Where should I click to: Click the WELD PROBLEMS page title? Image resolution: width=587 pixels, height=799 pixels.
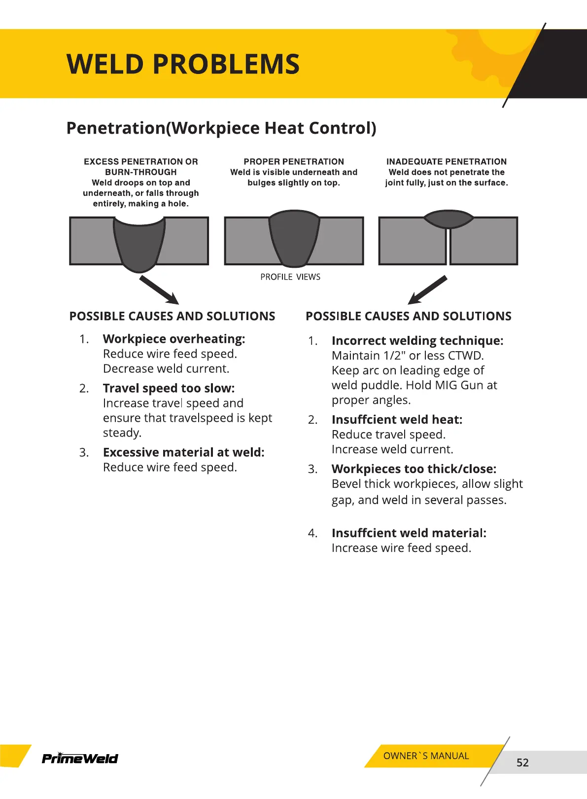coord(183,64)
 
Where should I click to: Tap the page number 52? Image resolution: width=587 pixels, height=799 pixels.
coord(522,763)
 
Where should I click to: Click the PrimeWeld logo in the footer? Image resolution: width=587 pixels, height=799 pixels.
coord(80,758)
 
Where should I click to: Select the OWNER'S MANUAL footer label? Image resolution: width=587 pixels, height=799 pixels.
coord(426,756)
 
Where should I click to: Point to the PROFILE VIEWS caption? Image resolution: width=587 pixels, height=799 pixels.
coord(290,277)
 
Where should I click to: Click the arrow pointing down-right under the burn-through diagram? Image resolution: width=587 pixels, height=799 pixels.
coord(159,290)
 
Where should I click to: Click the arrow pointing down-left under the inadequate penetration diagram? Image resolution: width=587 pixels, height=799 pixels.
coord(427,290)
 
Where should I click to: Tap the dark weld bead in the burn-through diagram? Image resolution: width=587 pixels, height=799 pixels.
coord(139,244)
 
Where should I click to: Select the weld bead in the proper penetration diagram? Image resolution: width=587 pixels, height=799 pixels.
coord(294,238)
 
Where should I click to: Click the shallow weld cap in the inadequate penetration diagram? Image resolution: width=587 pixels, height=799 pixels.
coord(449,218)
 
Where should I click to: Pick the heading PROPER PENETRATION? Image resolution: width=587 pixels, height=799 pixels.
coord(294,162)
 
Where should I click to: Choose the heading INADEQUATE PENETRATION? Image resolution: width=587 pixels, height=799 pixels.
coord(446,162)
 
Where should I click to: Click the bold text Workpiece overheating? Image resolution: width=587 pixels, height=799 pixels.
coord(174,339)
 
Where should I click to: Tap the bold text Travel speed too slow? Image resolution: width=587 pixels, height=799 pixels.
coord(169,388)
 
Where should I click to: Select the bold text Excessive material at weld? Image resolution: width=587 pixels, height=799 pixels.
coord(183,452)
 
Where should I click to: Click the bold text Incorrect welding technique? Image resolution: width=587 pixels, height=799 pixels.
coord(417,341)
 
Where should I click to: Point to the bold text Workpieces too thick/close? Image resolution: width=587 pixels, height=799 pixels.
coord(414,469)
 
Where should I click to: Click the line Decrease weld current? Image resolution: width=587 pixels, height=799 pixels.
coord(166,368)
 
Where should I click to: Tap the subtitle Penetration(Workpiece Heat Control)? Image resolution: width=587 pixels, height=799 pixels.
coord(221,128)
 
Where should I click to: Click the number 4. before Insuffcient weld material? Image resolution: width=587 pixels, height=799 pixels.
coord(312,533)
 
